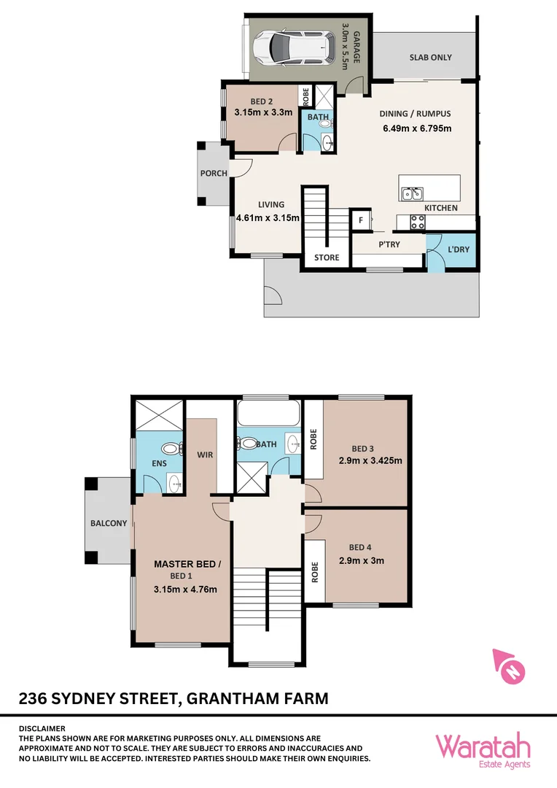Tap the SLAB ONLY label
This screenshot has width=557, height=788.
pos(430,58)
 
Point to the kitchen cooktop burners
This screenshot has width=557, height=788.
pos(418,223)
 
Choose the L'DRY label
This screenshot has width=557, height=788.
pos(459,250)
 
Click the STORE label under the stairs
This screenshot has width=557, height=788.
pos(327,258)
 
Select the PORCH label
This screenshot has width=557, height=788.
pos(214,174)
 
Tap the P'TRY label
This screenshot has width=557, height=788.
pos(389,245)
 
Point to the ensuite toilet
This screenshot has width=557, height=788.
pos(171,450)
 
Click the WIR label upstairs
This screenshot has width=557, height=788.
pos(205,455)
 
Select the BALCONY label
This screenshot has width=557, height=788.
pos(109,523)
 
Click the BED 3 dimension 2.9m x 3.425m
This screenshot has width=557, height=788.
pos(371,460)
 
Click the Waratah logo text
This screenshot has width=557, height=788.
pos(483,747)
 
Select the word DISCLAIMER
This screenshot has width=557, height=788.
pos(42,728)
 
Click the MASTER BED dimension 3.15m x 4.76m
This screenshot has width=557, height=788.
pos(185,590)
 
